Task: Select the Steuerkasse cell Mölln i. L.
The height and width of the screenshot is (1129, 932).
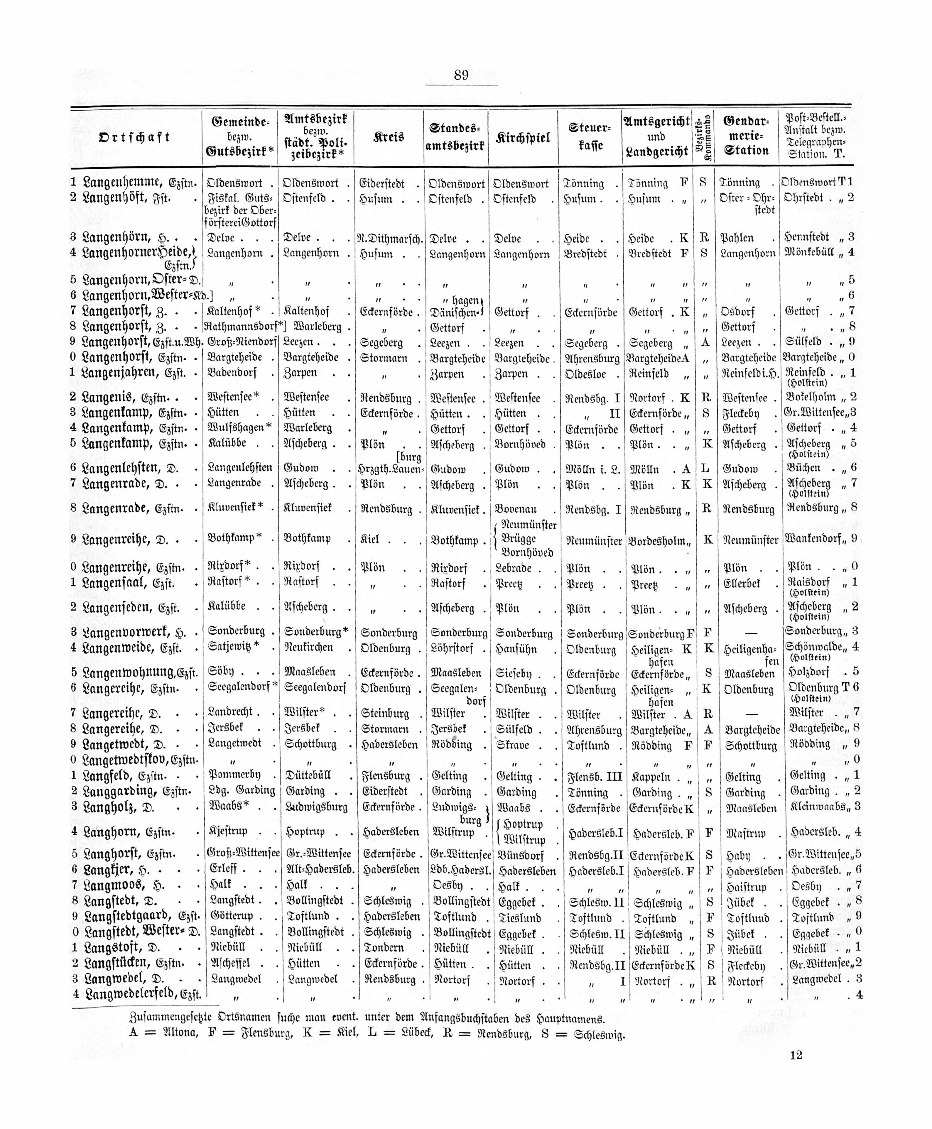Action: click(592, 469)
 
